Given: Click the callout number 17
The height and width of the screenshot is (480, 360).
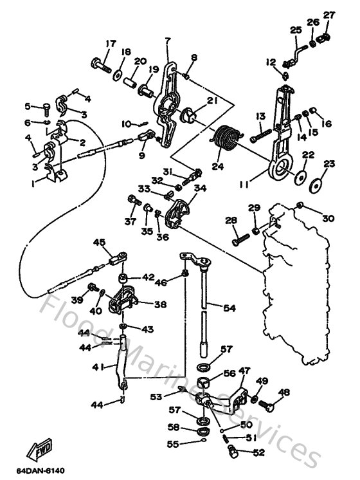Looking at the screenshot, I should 111,44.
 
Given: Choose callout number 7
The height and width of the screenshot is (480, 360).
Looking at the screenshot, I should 167,41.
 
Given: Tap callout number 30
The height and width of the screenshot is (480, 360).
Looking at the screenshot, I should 328,219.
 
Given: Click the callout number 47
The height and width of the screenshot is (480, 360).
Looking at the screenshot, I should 244,371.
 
